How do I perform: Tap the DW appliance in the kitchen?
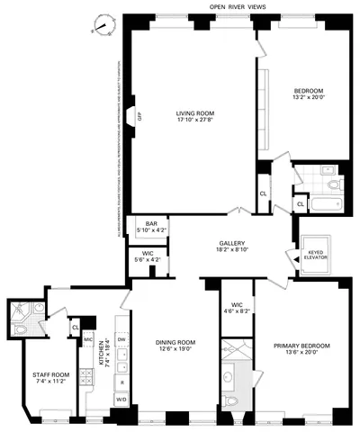pyautogui.click(x=121, y=338)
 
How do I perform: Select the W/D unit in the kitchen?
pyautogui.click(x=121, y=399)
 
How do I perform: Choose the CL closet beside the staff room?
pyautogui.click(x=75, y=328)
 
